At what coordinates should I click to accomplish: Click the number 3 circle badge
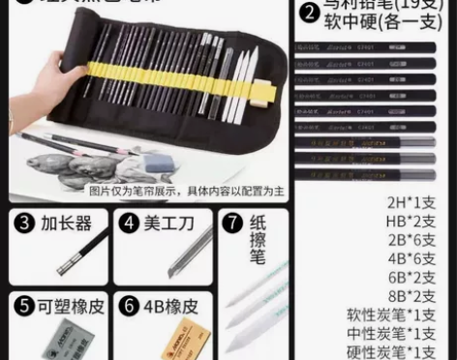point(25,224)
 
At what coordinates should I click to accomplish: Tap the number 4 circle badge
point(130,224)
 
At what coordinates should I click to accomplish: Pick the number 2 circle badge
point(309,14)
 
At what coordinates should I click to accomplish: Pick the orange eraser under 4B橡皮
point(160,344)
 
